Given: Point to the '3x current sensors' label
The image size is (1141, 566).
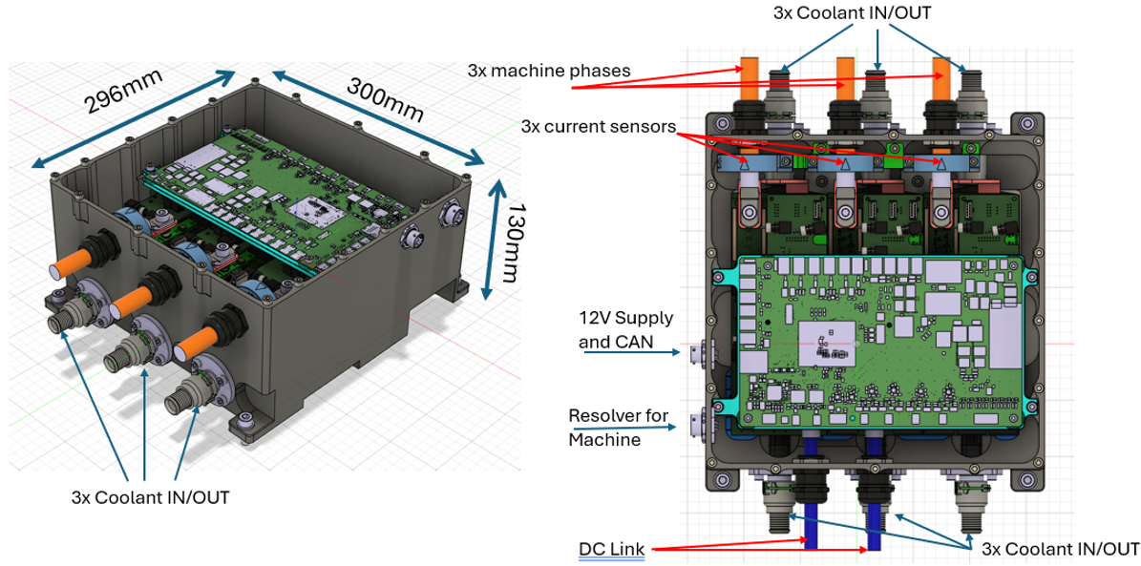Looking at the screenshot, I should tap(599, 126).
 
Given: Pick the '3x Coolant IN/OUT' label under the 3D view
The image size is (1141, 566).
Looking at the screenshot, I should tap(150, 496).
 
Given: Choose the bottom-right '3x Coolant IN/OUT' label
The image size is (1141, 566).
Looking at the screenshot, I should tap(1060, 549).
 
